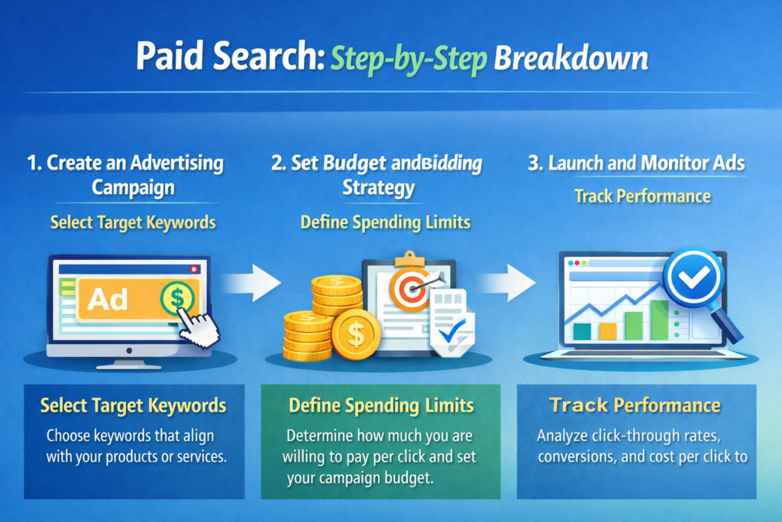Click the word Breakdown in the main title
(570, 60)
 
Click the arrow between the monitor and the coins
(254, 284)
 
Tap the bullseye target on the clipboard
(410, 287)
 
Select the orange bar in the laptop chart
(608, 330)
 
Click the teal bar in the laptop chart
(582, 330)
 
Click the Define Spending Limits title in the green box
(380, 406)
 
